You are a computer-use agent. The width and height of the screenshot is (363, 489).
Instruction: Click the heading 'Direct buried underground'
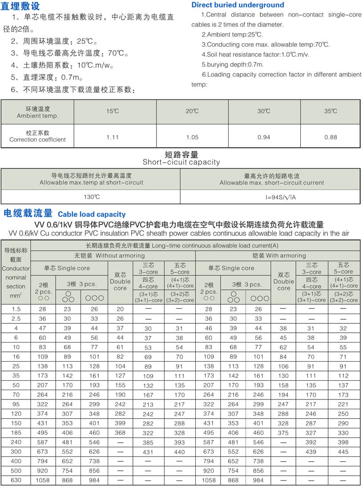tap(238, 5)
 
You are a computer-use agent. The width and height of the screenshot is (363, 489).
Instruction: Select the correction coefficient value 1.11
tap(113, 137)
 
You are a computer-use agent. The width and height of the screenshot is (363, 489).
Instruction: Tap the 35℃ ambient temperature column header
tap(331, 111)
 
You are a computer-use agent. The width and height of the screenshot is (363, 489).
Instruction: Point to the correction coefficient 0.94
tap(264, 137)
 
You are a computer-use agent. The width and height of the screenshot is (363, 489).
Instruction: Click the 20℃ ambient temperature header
tap(192, 111)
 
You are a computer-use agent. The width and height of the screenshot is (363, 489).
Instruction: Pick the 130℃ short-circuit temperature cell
tap(92, 197)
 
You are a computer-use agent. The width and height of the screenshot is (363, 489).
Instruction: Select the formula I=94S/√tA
tap(271, 197)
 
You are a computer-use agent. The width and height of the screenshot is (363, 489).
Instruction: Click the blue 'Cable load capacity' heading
tap(92, 214)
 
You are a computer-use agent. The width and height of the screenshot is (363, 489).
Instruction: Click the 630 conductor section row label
tap(16, 480)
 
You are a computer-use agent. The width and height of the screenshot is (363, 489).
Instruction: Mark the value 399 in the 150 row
tap(120, 423)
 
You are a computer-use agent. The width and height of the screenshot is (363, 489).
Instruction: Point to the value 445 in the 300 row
tap(343, 452)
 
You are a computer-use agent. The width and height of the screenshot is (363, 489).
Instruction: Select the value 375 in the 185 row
tap(283, 432)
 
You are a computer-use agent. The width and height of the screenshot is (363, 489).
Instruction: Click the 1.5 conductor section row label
tap(16, 309)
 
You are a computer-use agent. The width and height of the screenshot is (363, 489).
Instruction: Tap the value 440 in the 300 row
tap(179, 452)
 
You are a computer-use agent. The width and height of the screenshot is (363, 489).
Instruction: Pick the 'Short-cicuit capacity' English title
tap(181, 162)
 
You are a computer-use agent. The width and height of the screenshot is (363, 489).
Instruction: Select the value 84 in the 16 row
tap(283, 357)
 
